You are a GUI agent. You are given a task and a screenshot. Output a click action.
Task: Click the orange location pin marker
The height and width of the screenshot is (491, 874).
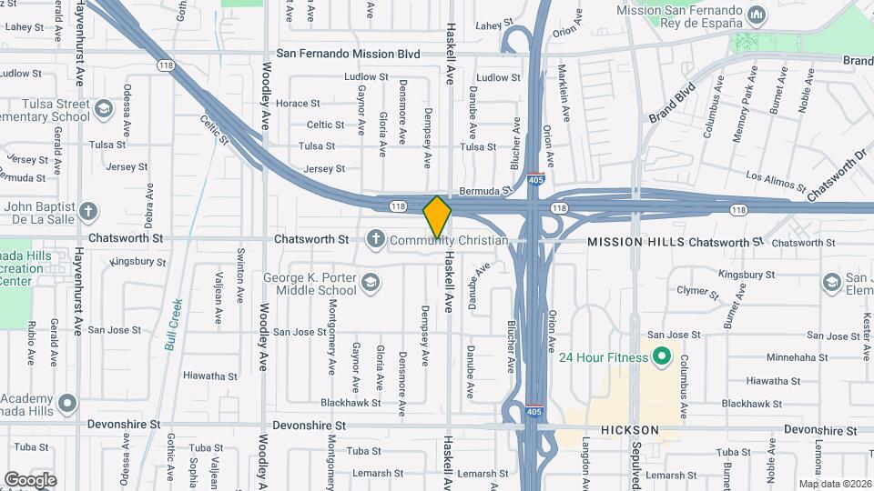pos(437,216)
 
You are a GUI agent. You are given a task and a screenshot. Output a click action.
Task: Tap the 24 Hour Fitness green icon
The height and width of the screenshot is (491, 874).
pos(662,356)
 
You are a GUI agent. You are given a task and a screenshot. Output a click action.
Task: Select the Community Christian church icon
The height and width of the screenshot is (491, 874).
pos(374,239)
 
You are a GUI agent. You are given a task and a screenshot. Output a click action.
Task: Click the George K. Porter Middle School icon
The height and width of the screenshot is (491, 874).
pos(370,285)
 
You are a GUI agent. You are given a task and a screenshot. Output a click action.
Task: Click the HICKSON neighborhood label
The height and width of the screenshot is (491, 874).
pos(629,429)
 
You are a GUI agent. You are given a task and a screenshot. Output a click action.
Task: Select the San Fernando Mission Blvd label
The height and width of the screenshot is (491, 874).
pos(348,55)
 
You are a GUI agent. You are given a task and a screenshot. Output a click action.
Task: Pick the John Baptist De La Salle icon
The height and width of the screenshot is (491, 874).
pos(87,213)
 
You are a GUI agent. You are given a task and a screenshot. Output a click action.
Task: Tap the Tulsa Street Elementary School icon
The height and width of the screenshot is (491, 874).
pos(103,110)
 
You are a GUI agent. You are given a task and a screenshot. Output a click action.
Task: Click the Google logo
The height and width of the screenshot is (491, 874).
pos(30,479)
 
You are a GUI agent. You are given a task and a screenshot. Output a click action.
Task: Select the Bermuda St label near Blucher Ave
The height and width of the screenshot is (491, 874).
pos(482,191)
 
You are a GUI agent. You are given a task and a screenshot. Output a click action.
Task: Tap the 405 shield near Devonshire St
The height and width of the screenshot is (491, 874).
pos(536,412)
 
